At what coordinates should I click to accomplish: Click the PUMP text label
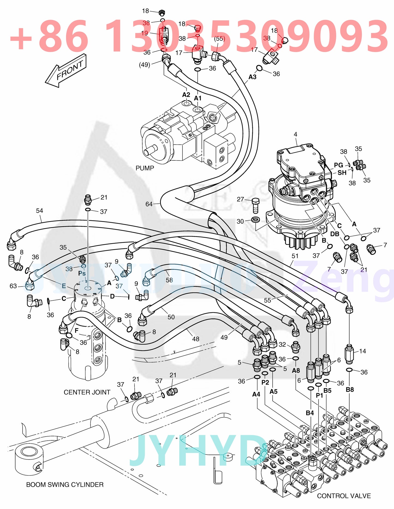[x=145, y=168]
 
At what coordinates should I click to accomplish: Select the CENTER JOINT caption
[x=87, y=392]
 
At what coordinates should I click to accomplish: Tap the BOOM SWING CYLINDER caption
[x=65, y=484]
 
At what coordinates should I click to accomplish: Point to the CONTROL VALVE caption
[x=344, y=496]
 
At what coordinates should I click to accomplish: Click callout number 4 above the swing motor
[x=295, y=134]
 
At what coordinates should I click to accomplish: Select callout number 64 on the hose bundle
[x=149, y=204]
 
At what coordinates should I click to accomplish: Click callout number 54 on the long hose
[x=40, y=211]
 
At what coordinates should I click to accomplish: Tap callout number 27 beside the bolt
[x=240, y=199]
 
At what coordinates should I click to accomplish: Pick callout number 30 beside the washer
[x=240, y=221]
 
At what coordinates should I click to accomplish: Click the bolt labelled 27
[x=256, y=206]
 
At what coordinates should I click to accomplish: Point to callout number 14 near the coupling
[x=362, y=351]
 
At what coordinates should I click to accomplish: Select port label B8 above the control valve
[x=350, y=390]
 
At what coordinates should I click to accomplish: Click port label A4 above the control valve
[x=256, y=394]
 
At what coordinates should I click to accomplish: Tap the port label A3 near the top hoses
[x=252, y=77]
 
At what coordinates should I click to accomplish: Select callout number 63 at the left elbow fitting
[x=13, y=286]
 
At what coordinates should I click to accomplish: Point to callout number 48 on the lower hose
[x=196, y=339]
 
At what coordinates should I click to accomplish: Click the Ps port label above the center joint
[x=82, y=273]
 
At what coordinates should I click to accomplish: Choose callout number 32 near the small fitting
[x=282, y=345]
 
